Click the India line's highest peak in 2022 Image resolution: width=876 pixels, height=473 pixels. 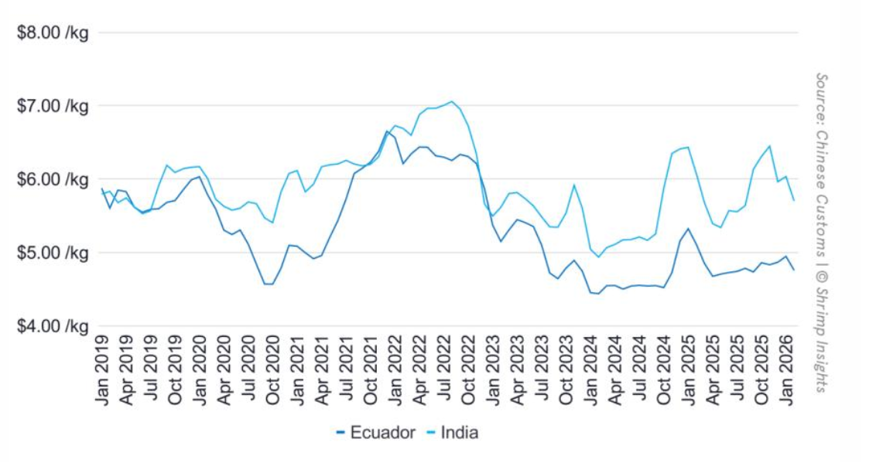click(x=452, y=101)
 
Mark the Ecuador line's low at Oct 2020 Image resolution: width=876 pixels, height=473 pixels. click(x=269, y=284)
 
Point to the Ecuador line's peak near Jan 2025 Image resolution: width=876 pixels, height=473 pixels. click(x=688, y=229)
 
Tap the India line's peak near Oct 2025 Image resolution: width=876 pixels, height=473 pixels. click(x=769, y=146)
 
